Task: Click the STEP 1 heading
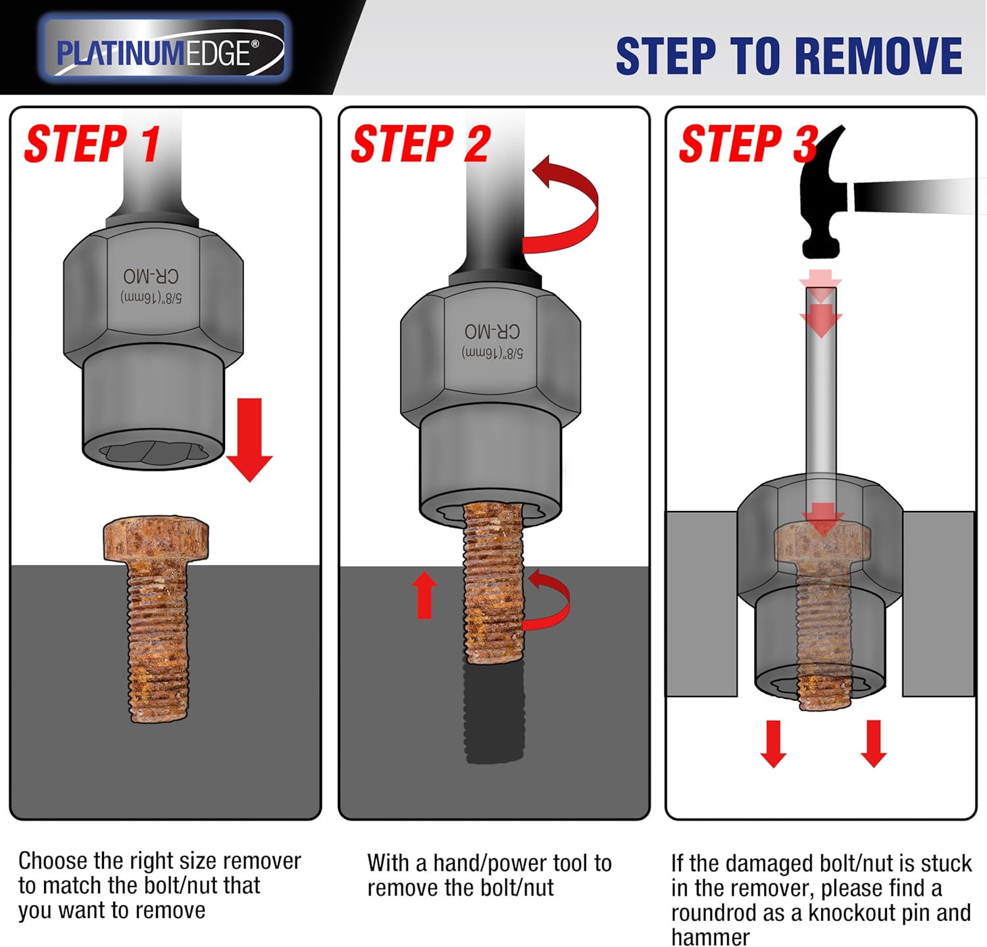[x=92, y=144]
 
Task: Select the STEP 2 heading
[x=421, y=144]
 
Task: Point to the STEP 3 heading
[x=747, y=144]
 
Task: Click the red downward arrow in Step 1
[x=249, y=441]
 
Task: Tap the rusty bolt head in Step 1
[x=156, y=539]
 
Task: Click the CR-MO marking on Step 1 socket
[x=151, y=276]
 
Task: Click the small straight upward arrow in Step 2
[x=425, y=595]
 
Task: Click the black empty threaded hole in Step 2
[x=494, y=714]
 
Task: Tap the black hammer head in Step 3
[x=822, y=197]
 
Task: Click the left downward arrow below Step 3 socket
[x=773, y=744]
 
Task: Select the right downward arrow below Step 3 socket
[x=873, y=744]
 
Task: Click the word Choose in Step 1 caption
[x=53, y=861]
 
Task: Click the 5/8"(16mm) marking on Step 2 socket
[x=492, y=352]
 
